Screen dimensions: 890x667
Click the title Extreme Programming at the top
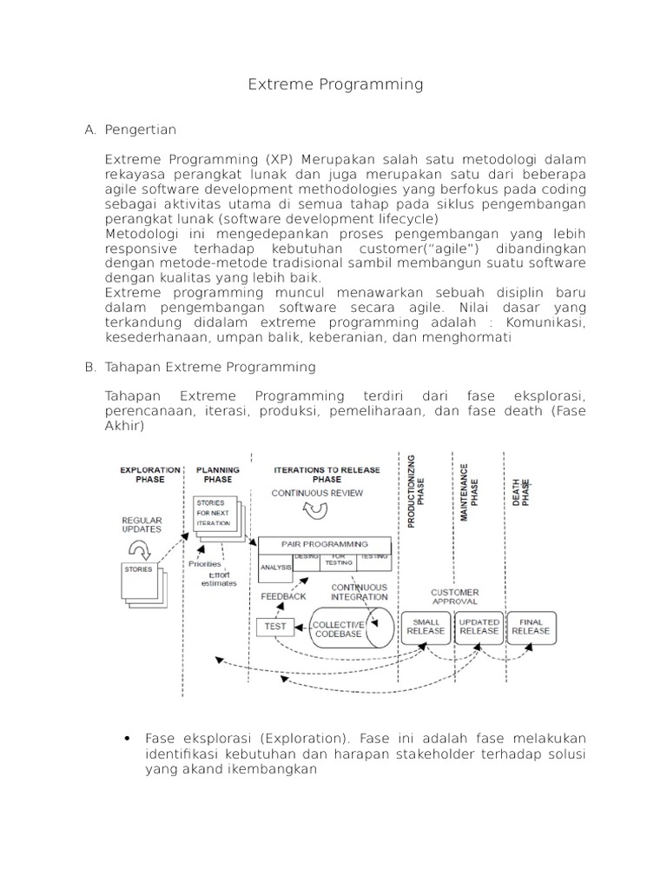point(335,84)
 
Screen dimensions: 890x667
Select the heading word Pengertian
point(140,130)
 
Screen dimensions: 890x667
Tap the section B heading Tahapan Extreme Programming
point(210,367)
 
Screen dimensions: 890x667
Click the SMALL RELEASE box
point(426,626)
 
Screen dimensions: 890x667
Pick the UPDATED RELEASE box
point(479,626)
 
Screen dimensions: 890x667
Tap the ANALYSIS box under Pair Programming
point(275,567)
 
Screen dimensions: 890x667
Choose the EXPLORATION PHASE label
point(149,474)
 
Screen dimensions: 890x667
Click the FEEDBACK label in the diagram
point(283,596)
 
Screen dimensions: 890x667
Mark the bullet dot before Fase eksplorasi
point(128,739)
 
